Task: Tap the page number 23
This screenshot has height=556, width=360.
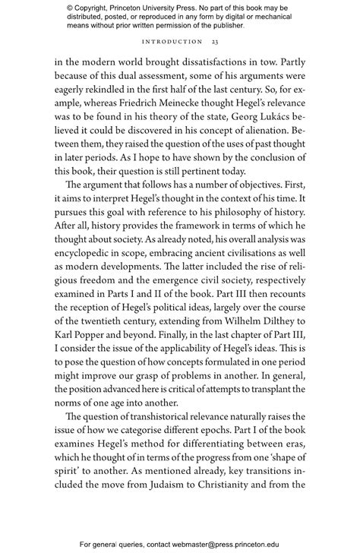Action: [215, 42]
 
